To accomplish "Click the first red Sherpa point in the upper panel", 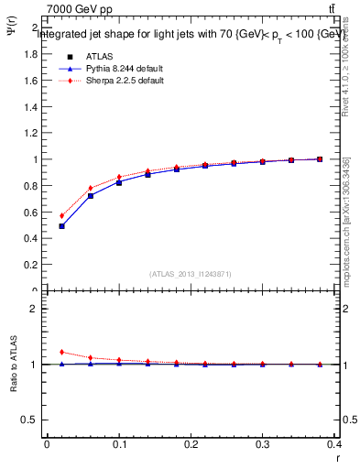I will [61, 216].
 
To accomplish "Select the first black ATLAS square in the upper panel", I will [61, 226].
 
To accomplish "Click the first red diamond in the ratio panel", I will [61, 352].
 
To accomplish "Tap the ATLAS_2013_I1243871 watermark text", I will [191, 274].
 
